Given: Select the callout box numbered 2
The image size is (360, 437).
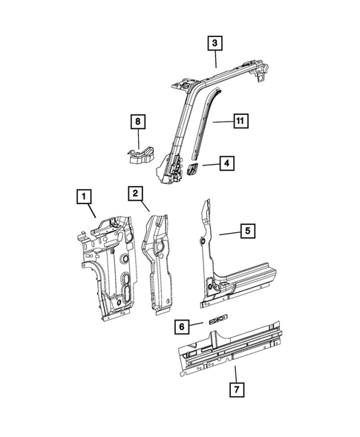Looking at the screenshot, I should (135, 194).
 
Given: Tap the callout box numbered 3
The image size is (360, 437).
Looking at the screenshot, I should (214, 45).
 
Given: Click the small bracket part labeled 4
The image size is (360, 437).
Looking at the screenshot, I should (191, 170).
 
